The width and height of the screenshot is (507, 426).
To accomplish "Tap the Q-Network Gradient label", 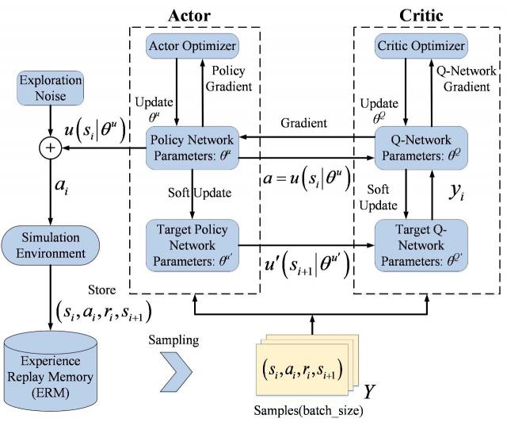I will coord(467,78).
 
